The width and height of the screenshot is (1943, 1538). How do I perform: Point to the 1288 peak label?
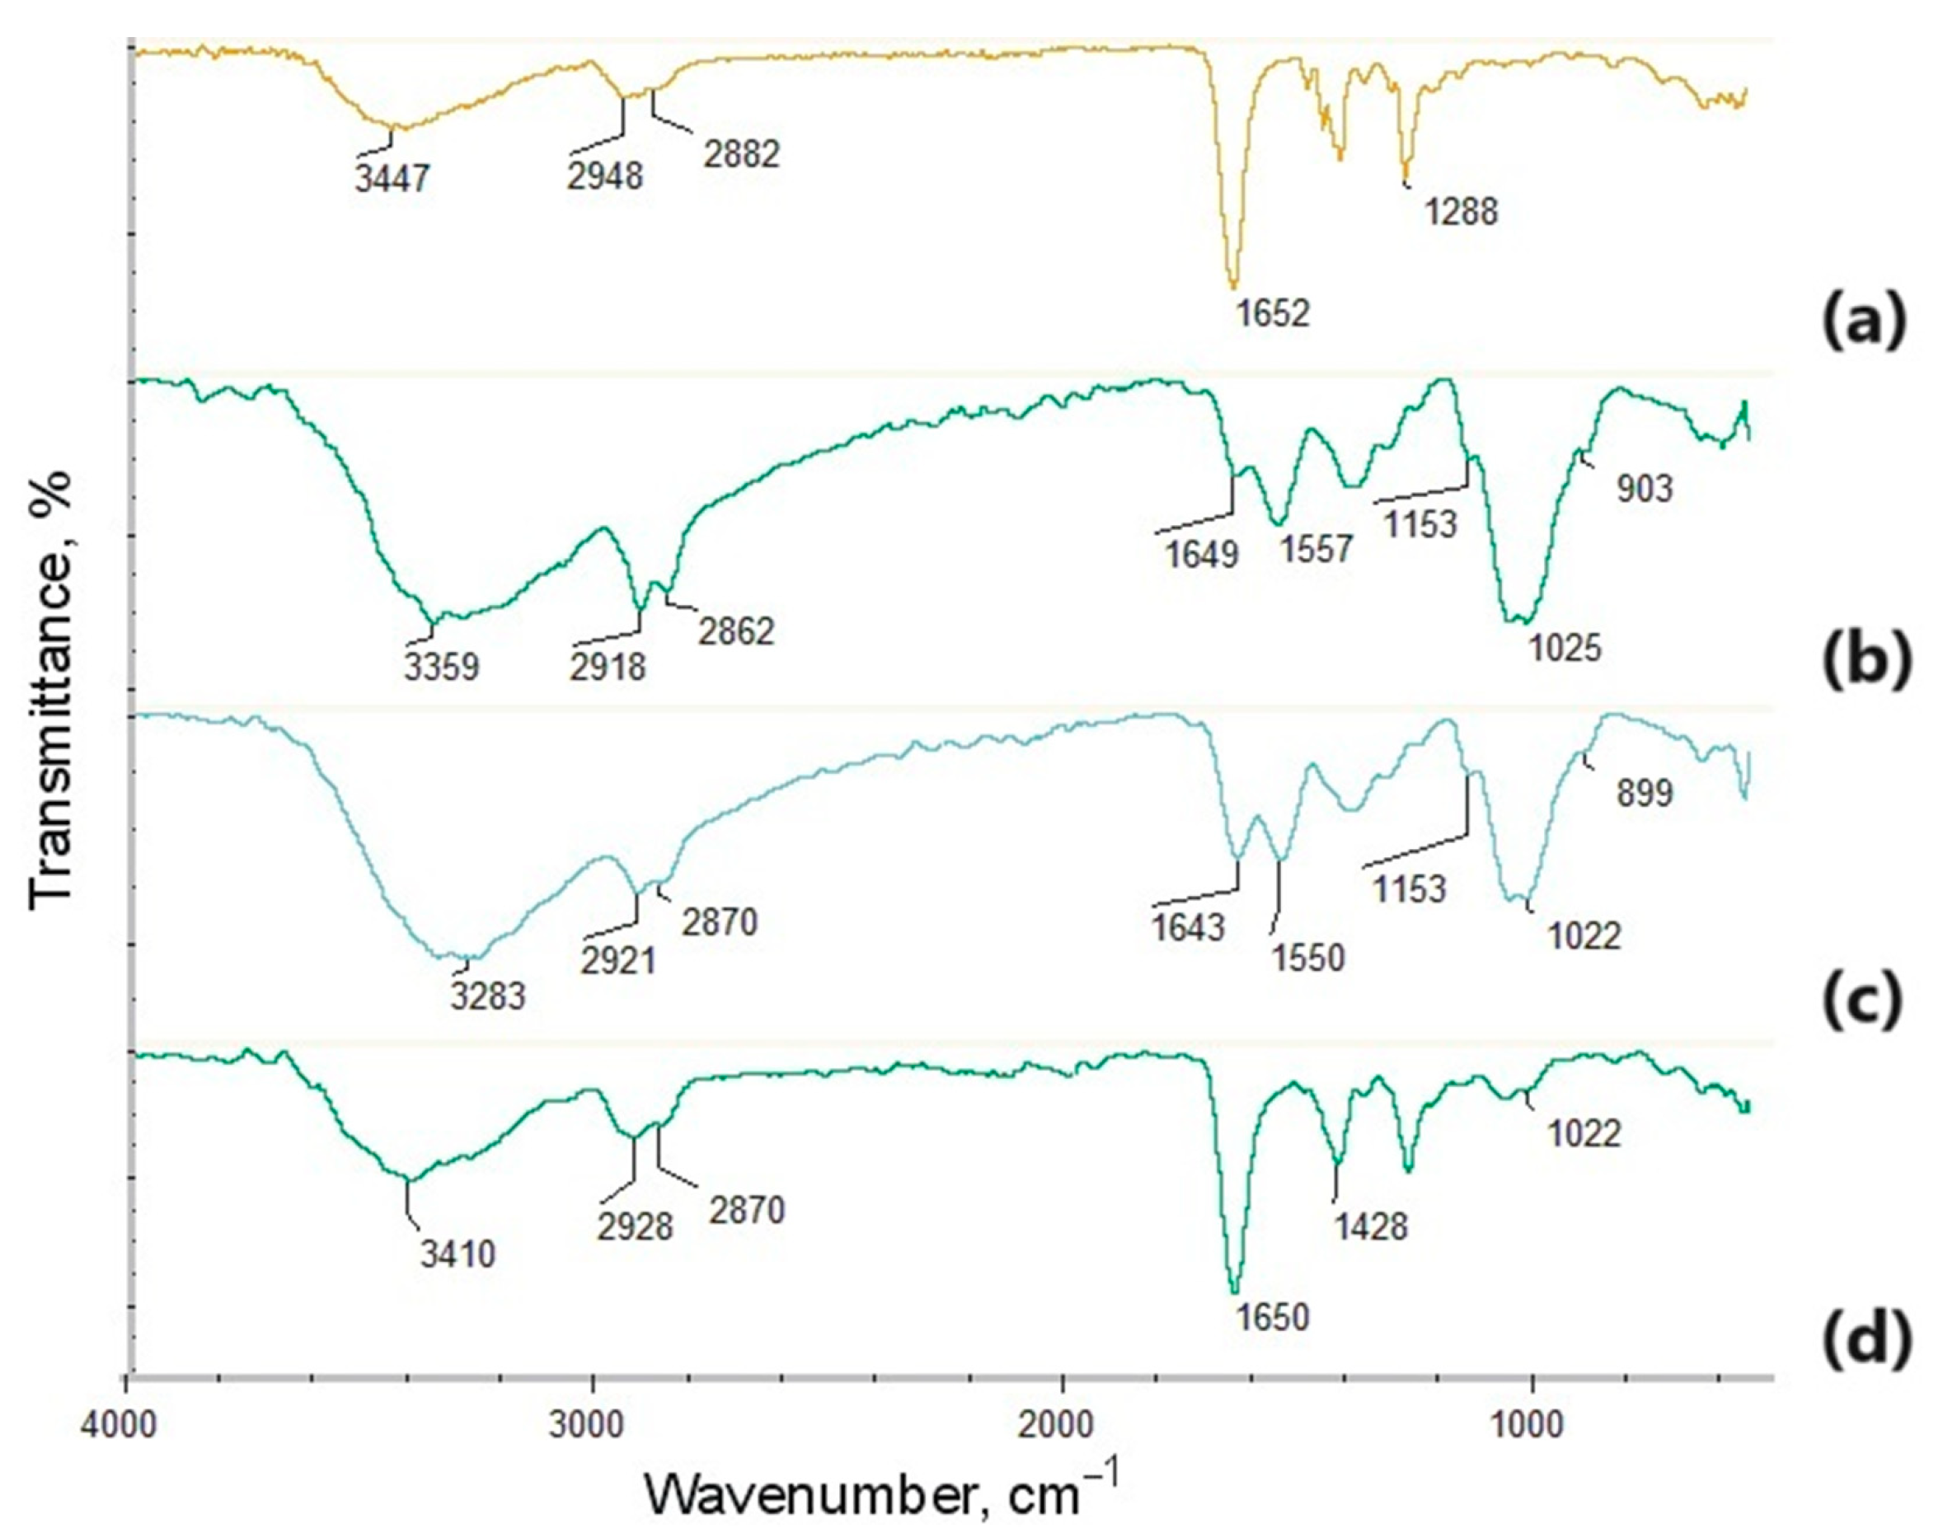click(x=1461, y=213)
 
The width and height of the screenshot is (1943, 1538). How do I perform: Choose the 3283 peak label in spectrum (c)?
click(x=488, y=997)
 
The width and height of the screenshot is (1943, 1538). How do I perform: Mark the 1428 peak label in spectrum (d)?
click(x=1370, y=1226)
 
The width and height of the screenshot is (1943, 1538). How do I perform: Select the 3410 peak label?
click(x=458, y=1254)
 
